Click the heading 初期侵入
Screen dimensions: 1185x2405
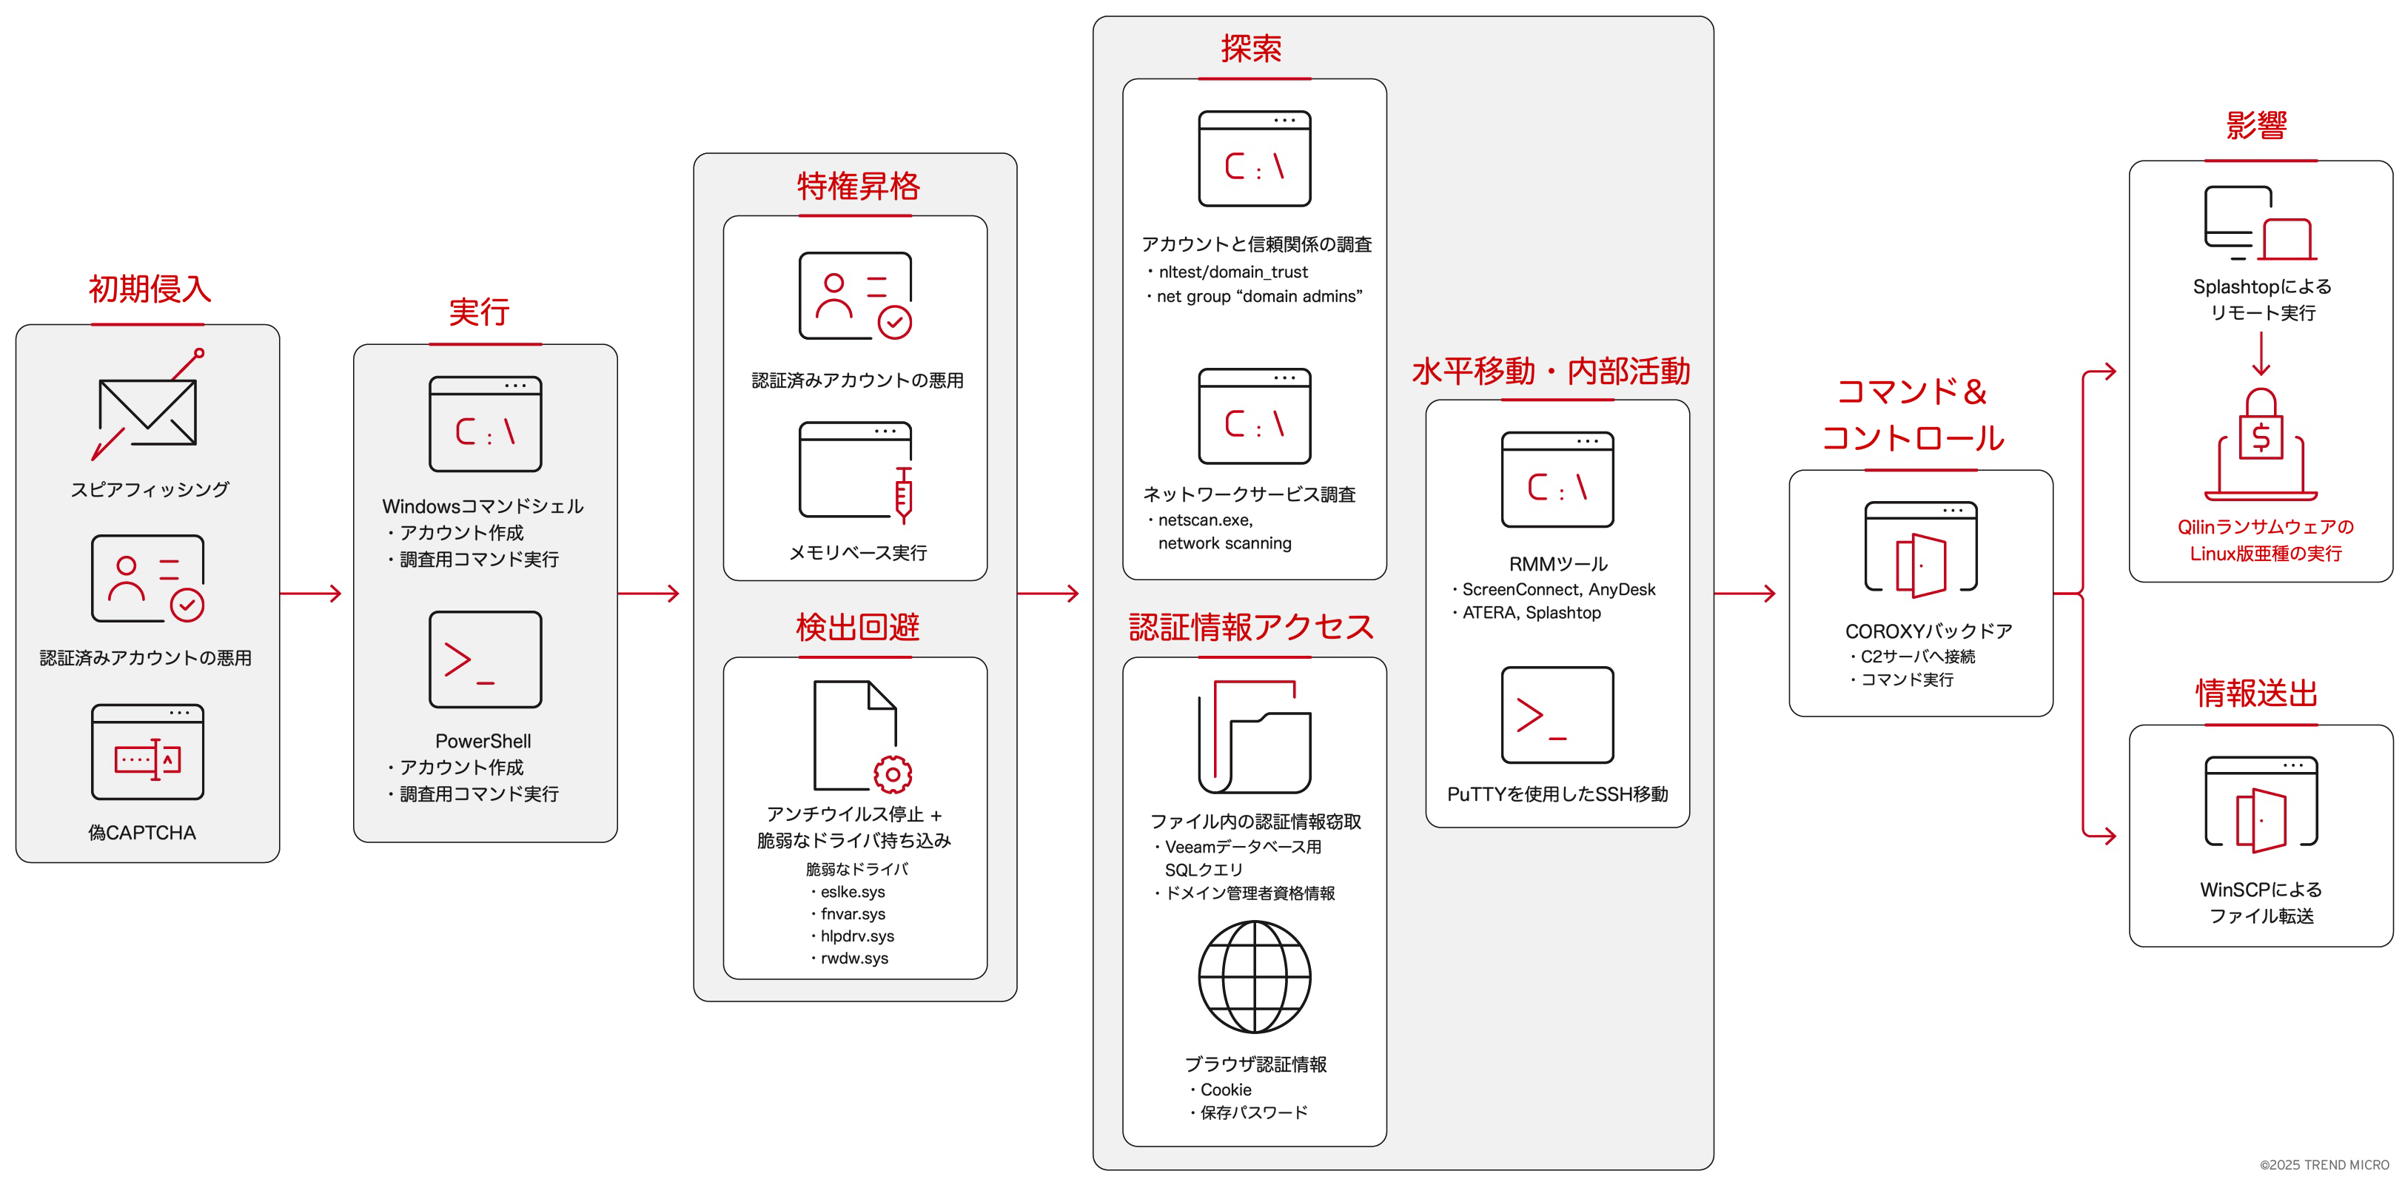[150, 289]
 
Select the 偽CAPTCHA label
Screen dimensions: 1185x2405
[142, 832]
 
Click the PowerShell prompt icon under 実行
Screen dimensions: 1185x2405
[485, 659]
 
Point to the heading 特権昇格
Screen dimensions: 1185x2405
[858, 186]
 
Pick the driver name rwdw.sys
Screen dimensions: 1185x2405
[853, 958]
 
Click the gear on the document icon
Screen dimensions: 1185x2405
[893, 774]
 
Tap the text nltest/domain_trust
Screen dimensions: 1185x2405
[1232, 272]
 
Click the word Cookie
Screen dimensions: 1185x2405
[1225, 1090]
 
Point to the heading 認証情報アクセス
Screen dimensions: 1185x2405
[1251, 627]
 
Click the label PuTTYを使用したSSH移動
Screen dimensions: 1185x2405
[1557, 793]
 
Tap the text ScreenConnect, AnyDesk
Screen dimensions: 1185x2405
[1558, 589]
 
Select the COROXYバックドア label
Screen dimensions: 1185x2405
[1928, 631]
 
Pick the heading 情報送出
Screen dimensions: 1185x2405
[2256, 693]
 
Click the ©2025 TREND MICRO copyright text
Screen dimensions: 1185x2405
[2324, 1164]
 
